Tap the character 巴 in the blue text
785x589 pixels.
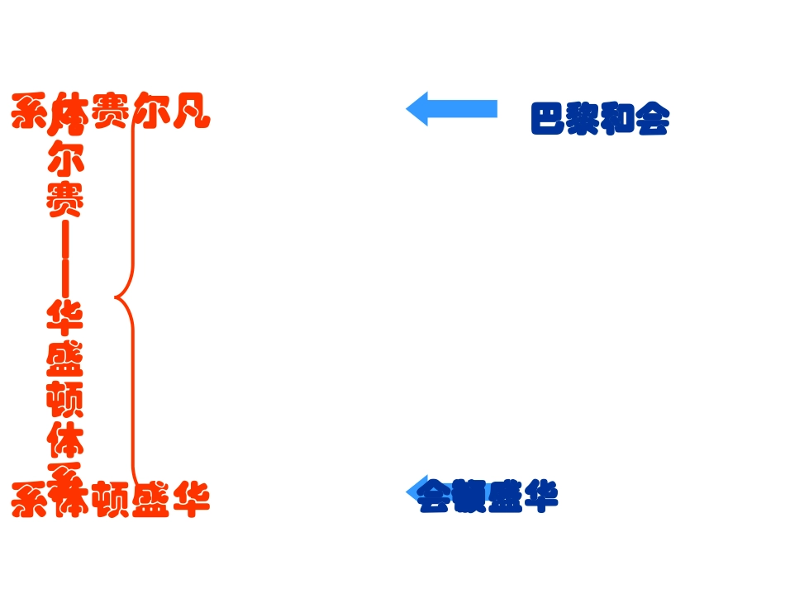pos(548,119)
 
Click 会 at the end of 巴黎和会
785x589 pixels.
pos(652,119)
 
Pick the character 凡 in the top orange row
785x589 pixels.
pos(191,112)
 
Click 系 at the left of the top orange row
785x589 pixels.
pos(30,112)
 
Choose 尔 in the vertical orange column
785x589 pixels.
pos(65,156)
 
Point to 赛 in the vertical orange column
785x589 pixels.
pos(65,198)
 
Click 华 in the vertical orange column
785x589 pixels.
pos(65,317)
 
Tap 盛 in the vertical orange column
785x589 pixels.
pos(65,359)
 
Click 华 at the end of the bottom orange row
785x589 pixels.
pos(191,499)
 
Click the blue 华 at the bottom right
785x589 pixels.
pos(541,495)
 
